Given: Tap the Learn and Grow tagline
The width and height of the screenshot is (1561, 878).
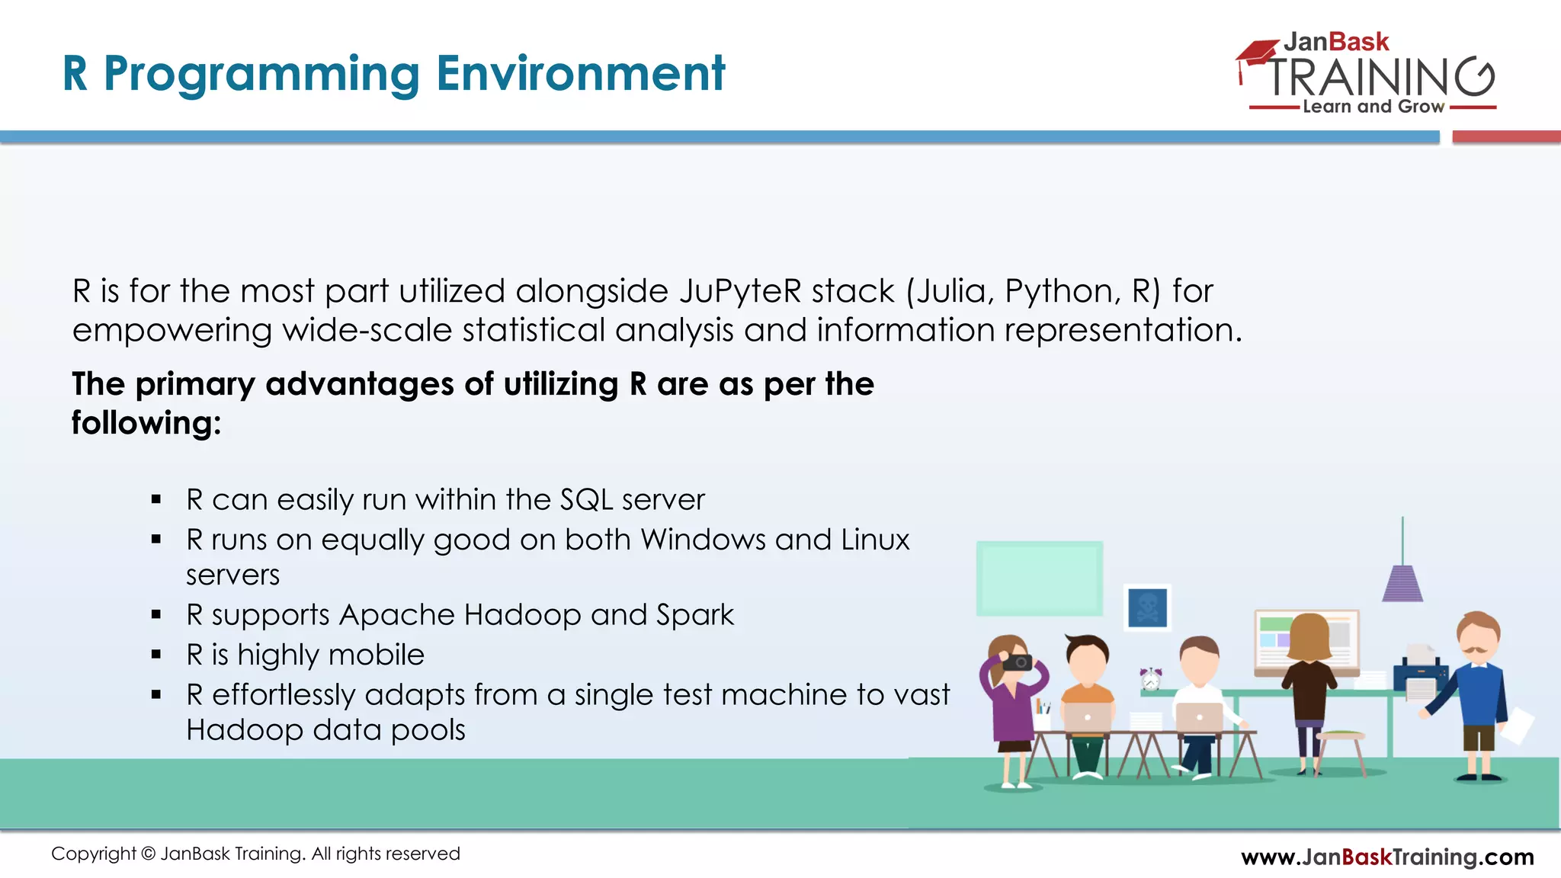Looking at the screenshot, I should (1373, 107).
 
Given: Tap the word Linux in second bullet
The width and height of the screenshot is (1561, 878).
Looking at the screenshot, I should (875, 540).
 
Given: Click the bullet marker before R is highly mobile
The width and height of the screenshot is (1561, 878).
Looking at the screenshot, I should (156, 655).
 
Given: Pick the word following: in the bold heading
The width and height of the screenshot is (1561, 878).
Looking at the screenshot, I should (146, 423).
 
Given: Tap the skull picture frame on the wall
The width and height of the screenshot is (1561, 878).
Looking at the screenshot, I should (1147, 607).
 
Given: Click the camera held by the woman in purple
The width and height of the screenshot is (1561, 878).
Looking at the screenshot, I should (1017, 662).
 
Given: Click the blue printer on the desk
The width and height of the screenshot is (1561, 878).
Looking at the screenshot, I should (1419, 675).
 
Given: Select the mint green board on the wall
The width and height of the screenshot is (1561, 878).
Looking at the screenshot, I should (1039, 578).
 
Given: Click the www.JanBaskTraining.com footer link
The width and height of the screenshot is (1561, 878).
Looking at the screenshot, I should (1387, 857).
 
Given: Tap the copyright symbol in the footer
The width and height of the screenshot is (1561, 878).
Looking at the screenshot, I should (148, 854).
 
